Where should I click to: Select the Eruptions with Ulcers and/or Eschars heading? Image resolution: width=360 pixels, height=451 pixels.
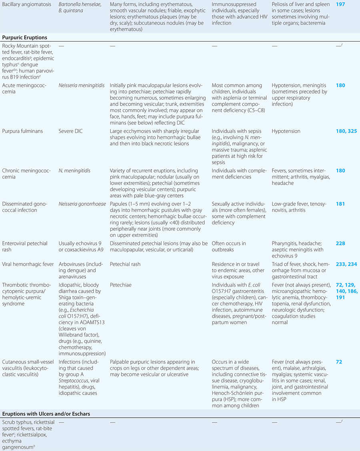tap(46, 413)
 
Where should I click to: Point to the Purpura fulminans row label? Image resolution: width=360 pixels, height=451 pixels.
tap(23, 131)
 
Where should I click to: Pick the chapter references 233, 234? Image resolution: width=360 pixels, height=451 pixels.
tap(346, 264)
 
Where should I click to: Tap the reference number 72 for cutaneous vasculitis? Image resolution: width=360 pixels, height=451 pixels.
tap(339, 362)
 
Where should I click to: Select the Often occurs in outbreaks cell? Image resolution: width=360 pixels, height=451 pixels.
tap(229, 246)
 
